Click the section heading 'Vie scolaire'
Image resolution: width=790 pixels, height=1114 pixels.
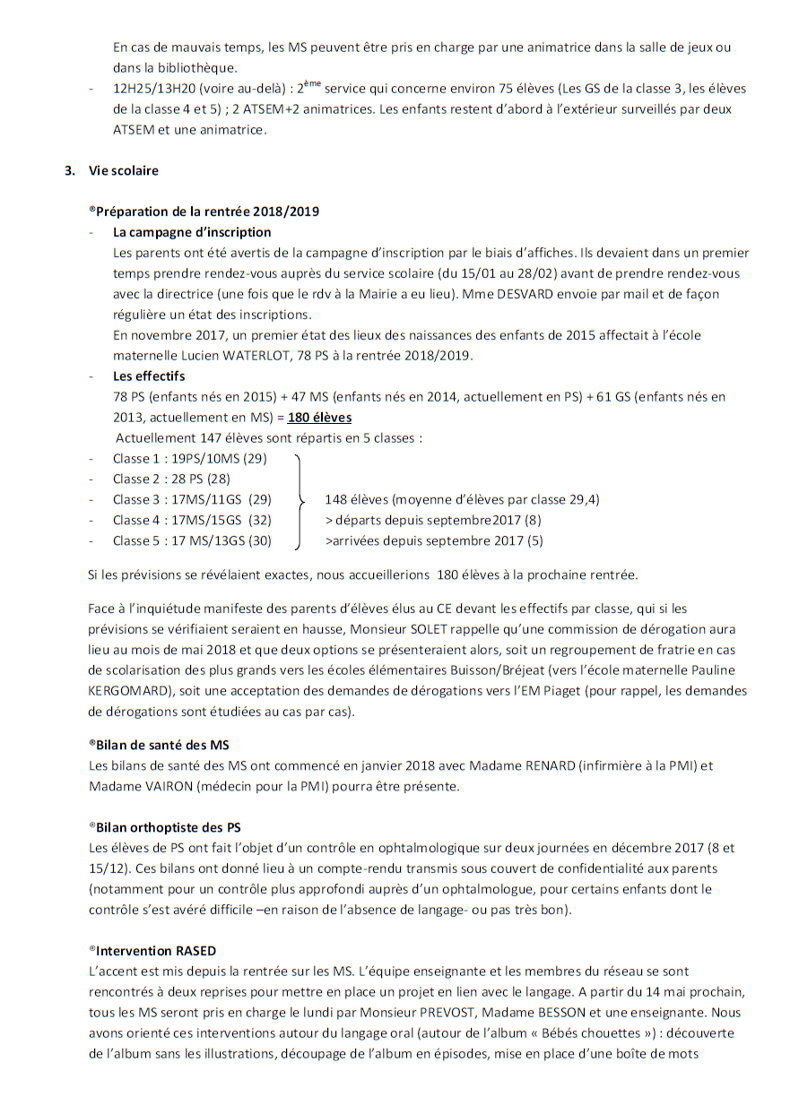123,170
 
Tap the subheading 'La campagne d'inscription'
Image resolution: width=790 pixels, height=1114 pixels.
192,232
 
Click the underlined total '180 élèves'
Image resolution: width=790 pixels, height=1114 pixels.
319,418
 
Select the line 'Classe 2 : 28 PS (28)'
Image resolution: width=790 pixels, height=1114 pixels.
171,479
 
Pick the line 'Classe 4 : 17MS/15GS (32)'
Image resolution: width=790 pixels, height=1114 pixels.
192,520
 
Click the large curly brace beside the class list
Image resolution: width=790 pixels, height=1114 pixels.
301,499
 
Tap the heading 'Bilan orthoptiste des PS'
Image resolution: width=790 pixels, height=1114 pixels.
168,827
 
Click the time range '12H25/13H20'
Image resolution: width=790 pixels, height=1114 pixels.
156,89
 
